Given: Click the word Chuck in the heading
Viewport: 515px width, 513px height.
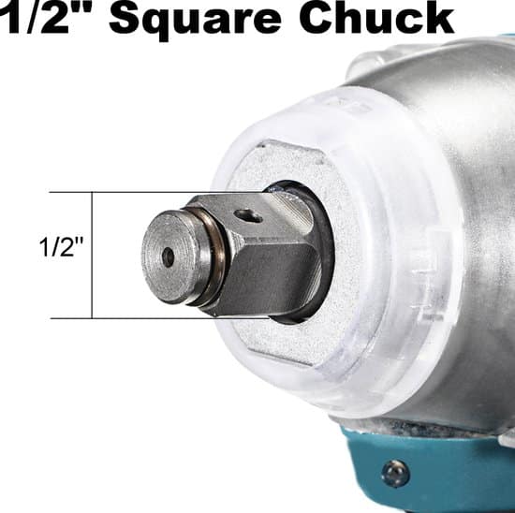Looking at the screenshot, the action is pyautogui.click(x=376, y=17).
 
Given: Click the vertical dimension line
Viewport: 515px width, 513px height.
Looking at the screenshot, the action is pyautogui.click(x=92, y=256).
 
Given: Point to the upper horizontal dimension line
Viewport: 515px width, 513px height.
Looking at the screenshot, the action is pyautogui.click(x=157, y=192).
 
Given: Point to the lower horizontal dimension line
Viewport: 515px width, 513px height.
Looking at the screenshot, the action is pyautogui.click(x=160, y=318).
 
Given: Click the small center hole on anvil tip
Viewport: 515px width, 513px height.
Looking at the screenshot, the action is pyautogui.click(x=169, y=256).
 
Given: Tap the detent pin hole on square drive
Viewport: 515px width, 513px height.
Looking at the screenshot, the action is pyautogui.click(x=249, y=215).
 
